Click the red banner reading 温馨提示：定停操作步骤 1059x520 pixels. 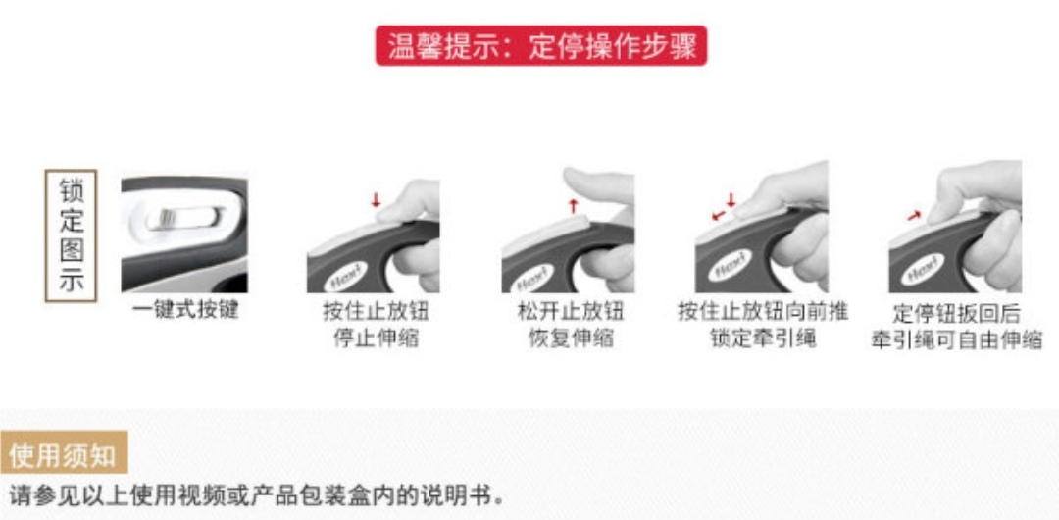click(x=541, y=46)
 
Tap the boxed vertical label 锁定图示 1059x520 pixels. click(x=71, y=235)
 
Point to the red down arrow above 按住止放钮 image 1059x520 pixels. click(x=377, y=199)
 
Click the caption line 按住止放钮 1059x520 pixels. click(x=376, y=312)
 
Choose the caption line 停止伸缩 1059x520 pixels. click(x=376, y=338)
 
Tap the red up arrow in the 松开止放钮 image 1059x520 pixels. click(x=574, y=205)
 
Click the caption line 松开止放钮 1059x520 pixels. click(x=571, y=312)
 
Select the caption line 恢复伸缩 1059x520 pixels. click(x=571, y=338)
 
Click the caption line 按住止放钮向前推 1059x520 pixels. click(x=763, y=312)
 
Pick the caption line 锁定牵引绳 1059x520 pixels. click(x=763, y=338)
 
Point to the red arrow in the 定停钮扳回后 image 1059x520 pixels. click(x=915, y=215)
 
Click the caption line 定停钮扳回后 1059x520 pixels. click(x=956, y=314)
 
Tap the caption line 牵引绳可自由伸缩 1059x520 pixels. click(x=956, y=339)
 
